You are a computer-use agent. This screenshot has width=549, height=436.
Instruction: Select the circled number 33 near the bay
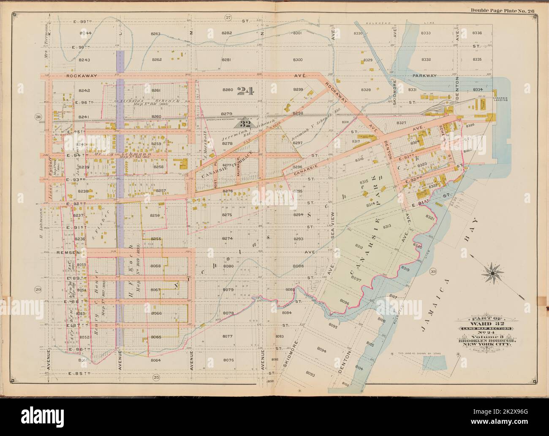pyautogui.click(x=432, y=271)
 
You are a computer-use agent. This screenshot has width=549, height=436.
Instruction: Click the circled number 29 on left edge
pyautogui.click(x=37, y=289)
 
